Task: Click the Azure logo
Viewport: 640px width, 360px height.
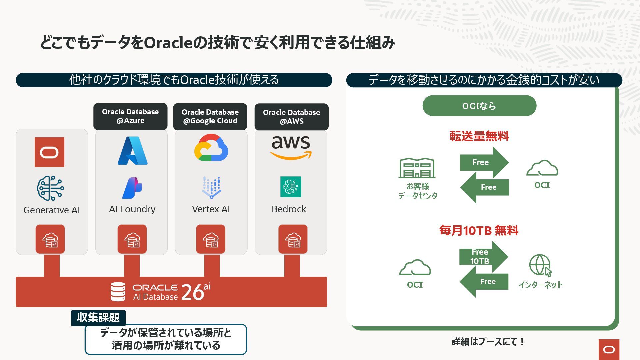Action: coord(132,151)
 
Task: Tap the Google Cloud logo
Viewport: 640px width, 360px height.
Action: coord(211,148)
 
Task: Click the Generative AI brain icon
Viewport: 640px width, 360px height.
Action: coord(50,188)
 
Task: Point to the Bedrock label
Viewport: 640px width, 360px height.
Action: coord(289,209)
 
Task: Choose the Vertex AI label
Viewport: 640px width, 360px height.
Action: coord(211,209)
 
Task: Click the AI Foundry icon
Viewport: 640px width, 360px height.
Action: coord(132,188)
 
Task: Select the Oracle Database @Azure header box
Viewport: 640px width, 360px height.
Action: coord(130,116)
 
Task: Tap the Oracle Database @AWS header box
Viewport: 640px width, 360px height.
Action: coord(291,117)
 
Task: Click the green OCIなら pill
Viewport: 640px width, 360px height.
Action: coord(479,106)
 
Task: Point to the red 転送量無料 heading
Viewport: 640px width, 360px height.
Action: coord(479,136)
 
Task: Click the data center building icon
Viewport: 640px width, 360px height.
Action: coord(417,168)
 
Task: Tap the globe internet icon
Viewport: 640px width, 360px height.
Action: coord(540,265)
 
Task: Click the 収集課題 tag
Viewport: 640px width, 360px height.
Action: coord(98,318)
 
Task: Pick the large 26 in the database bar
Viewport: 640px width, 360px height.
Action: coord(193,292)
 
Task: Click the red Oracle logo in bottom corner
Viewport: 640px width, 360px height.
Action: coord(609,349)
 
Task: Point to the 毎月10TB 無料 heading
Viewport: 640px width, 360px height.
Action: coord(479,231)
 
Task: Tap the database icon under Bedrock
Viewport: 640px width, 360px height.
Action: coord(293,239)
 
